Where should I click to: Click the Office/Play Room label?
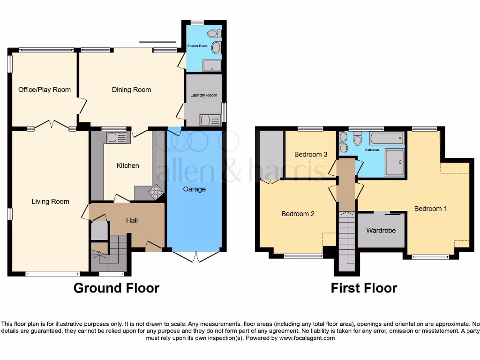(45, 90)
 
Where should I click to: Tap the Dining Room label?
(131, 90)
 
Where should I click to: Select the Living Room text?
(50, 202)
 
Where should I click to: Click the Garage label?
(194, 189)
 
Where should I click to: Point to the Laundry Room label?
(203, 95)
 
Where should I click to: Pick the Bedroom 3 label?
(311, 154)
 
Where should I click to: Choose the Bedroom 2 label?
(298, 214)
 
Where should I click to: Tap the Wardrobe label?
(381, 231)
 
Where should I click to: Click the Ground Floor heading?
(116, 288)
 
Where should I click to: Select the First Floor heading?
(364, 288)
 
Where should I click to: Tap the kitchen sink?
(117, 137)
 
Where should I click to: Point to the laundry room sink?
(210, 120)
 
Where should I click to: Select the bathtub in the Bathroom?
(387, 138)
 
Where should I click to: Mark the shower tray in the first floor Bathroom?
(395, 162)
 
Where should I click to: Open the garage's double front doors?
(195, 256)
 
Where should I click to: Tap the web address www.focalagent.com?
(307, 338)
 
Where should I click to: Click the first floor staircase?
(346, 239)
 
